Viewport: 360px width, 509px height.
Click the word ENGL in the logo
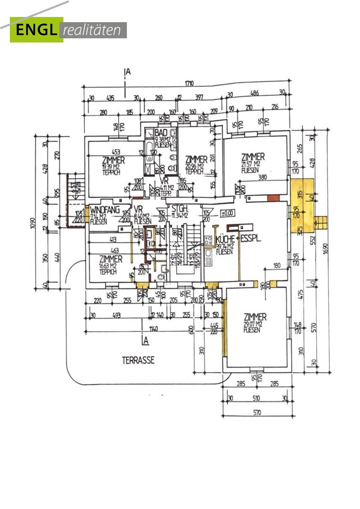pos(37,30)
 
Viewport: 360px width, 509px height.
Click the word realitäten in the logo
pos(94,31)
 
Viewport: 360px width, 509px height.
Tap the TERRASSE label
pos(139,360)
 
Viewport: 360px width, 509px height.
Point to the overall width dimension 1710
pos(189,84)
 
